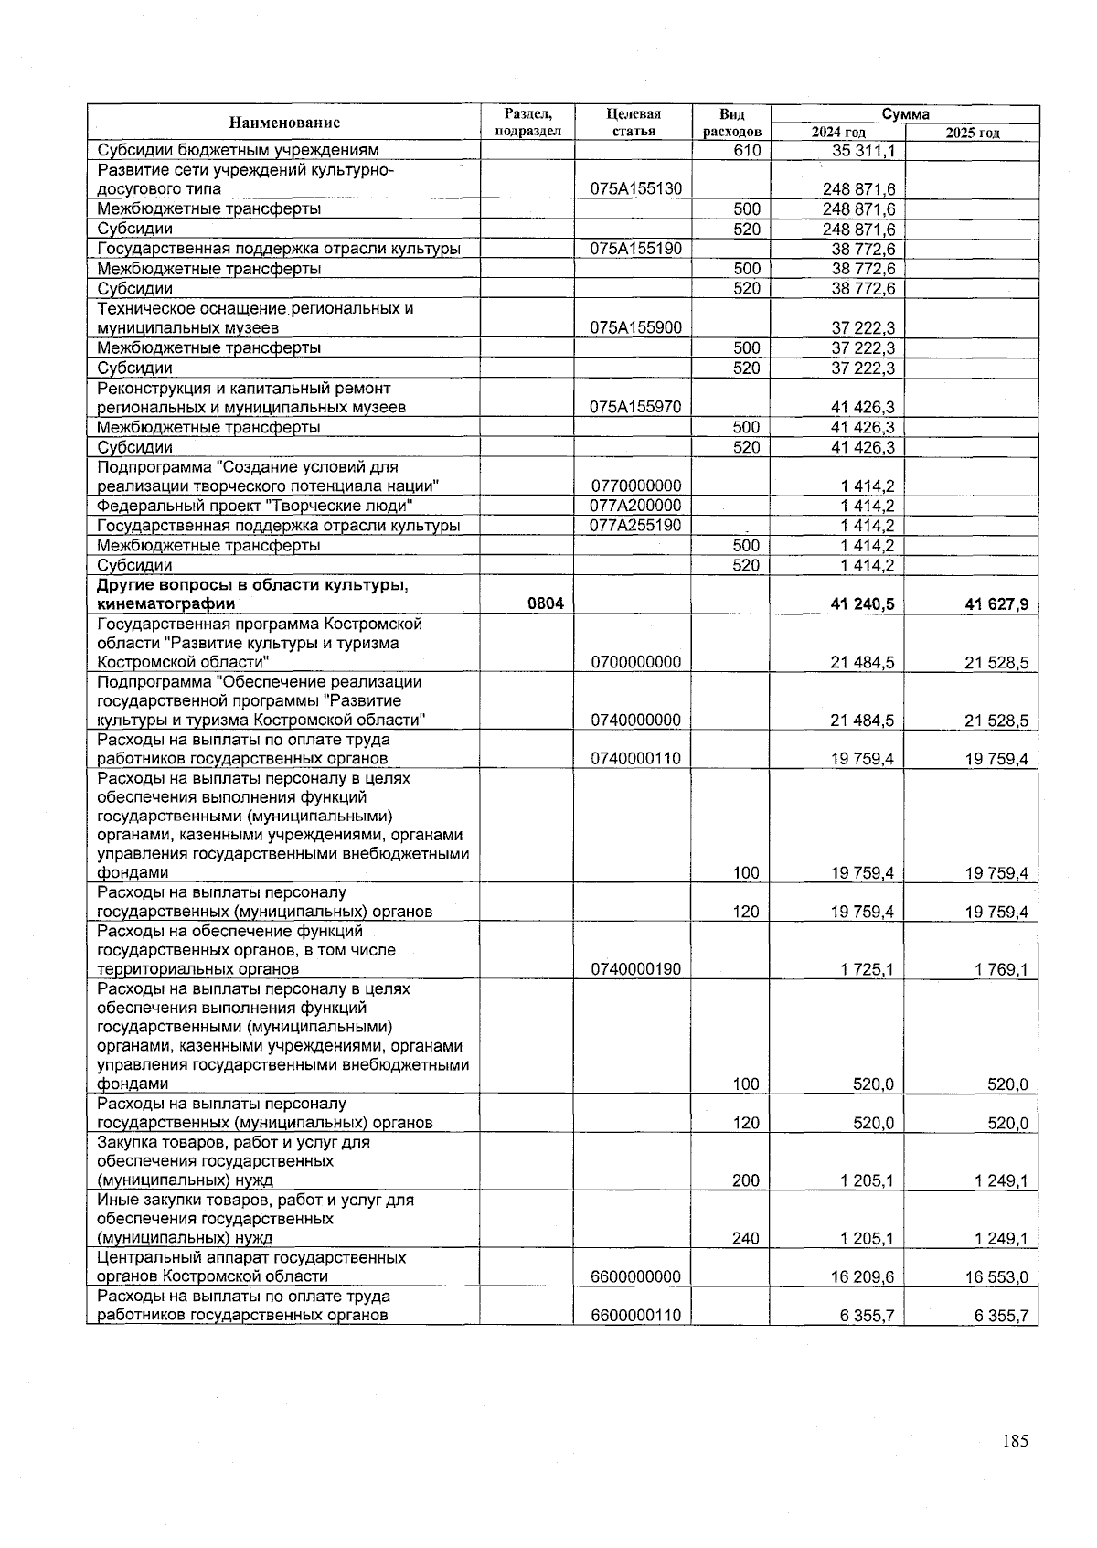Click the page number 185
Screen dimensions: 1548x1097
(x=1014, y=1441)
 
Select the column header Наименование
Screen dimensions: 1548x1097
(x=284, y=123)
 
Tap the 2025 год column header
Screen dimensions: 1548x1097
(x=972, y=133)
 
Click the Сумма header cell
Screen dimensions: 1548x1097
(x=905, y=114)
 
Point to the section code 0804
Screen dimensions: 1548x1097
(x=545, y=603)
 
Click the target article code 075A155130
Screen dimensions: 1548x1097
(x=635, y=189)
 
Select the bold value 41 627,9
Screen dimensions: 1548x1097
(x=996, y=603)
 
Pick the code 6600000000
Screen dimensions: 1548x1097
(x=635, y=1276)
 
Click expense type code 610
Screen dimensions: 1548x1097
(x=747, y=150)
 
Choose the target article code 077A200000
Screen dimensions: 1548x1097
(x=635, y=506)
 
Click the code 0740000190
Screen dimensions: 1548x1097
(x=635, y=969)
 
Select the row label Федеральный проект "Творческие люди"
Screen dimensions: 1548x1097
(x=255, y=507)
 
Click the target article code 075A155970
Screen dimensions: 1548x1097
(x=635, y=407)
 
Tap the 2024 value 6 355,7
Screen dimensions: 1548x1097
(x=862, y=1316)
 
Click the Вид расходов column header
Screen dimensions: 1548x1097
(x=731, y=123)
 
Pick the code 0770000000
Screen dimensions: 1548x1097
(x=635, y=486)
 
